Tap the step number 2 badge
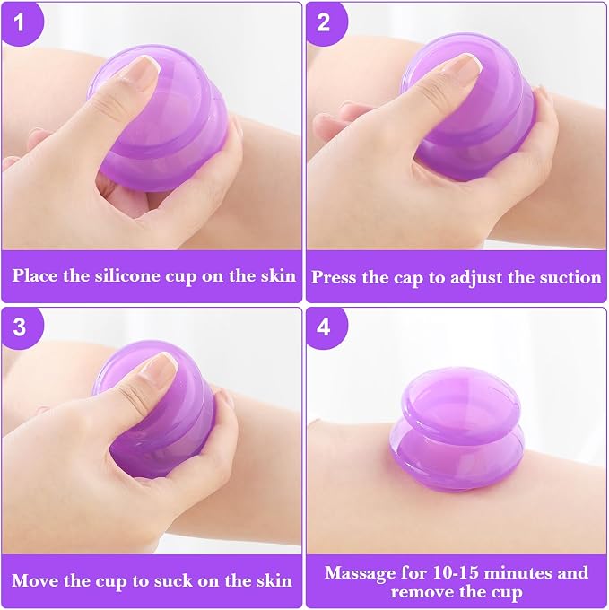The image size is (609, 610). pyautogui.click(x=325, y=22)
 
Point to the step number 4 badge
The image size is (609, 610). pyautogui.click(x=325, y=327)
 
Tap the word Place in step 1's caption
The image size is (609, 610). pyautogui.click(x=36, y=275)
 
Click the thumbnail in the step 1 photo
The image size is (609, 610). pyautogui.click(x=148, y=65)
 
